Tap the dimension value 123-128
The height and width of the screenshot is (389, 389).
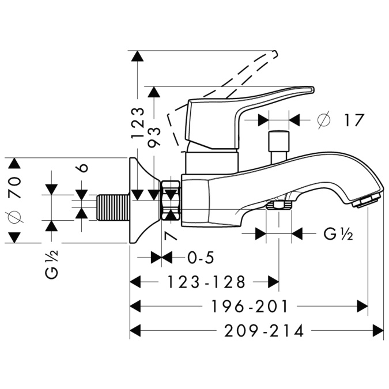click(x=206, y=282)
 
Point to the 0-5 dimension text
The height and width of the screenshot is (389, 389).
click(x=189, y=257)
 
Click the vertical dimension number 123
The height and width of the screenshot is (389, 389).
click(x=137, y=122)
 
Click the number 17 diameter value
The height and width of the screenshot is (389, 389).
click(x=354, y=120)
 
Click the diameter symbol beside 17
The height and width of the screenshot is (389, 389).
click(x=323, y=120)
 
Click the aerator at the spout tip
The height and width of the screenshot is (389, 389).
click(x=366, y=201)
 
